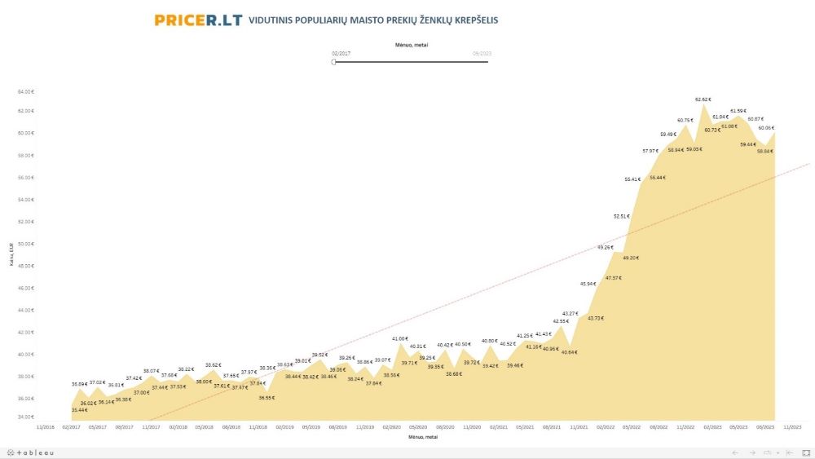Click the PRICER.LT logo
click(198, 20)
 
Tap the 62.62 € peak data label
click(703, 99)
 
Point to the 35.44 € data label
click(80, 410)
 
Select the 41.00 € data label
click(399, 338)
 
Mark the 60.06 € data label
click(766, 128)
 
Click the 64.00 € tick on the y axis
click(26, 91)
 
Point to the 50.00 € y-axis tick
click(26, 244)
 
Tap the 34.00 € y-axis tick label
click(26, 417)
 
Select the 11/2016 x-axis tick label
click(46, 426)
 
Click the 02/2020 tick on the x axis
click(392, 426)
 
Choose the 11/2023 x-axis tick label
click(792, 426)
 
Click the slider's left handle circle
click(334, 62)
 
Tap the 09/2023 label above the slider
click(482, 53)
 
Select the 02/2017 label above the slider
click(341, 53)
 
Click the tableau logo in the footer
click(31, 452)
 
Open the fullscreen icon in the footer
click(804, 452)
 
